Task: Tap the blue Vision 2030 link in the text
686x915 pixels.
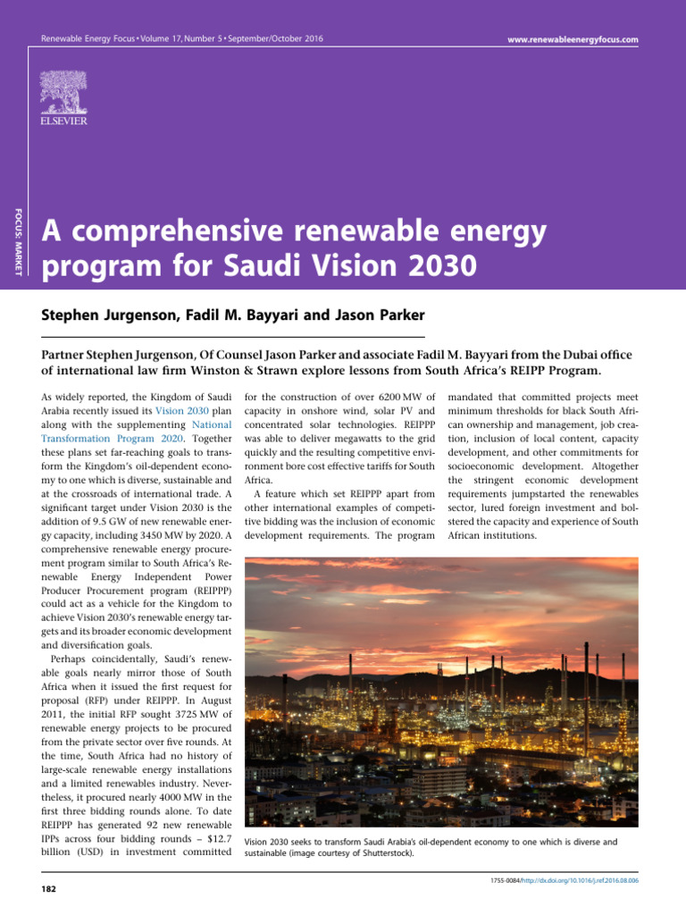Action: (x=182, y=411)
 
